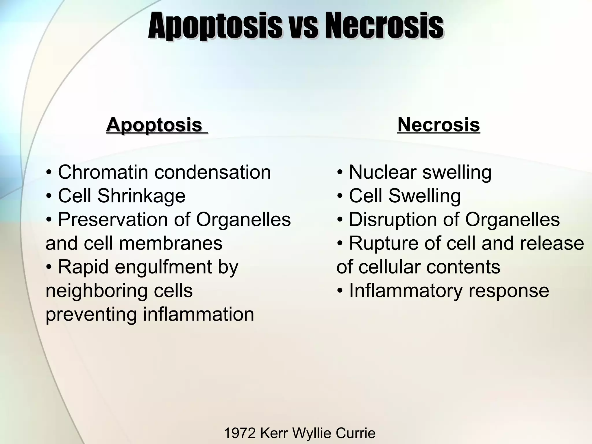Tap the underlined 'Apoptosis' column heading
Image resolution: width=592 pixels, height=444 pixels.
(x=154, y=125)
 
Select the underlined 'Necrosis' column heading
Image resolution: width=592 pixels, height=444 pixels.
(x=439, y=125)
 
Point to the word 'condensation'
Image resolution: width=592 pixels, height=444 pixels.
(x=212, y=172)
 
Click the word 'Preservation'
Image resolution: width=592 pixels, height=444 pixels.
(x=112, y=220)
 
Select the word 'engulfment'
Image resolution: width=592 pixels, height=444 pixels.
(x=163, y=267)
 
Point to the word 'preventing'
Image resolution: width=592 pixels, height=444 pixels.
(x=91, y=314)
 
